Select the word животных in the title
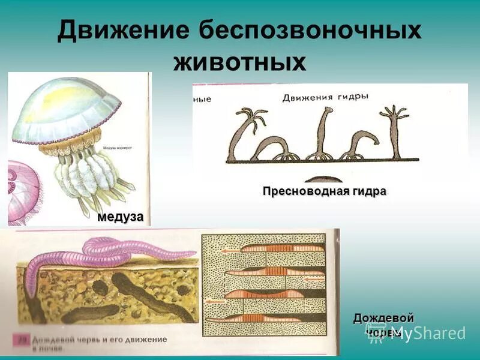click(x=240, y=62)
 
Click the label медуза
click(x=121, y=217)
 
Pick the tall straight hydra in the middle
click(x=324, y=132)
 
